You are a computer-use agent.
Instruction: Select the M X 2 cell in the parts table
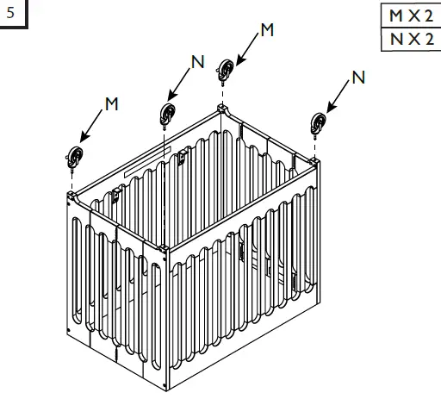point(408,16)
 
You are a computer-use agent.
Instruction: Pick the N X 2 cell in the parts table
point(408,40)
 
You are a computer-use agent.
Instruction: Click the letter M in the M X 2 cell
point(394,16)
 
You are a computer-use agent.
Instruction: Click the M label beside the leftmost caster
point(110,103)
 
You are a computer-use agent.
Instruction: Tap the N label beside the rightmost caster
point(358,78)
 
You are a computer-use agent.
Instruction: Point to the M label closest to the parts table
point(267,30)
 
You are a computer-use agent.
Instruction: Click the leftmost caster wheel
point(76,158)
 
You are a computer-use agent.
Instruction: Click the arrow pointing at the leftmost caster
point(92,125)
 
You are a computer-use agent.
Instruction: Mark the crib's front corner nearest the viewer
point(164,251)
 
